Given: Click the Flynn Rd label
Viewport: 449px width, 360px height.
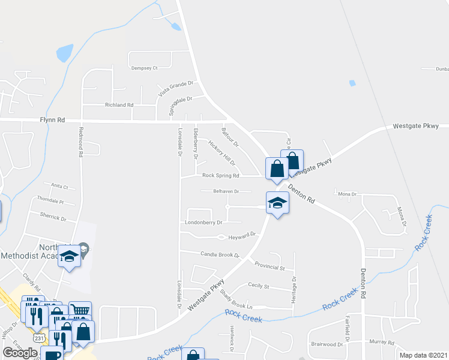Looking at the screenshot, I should point(52,120).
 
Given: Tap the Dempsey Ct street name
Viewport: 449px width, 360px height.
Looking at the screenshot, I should point(144,68).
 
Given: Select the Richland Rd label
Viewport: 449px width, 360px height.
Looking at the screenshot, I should point(119,105).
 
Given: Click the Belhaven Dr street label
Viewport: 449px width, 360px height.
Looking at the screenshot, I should point(226,191).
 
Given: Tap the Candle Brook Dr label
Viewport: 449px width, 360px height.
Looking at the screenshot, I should point(220,255).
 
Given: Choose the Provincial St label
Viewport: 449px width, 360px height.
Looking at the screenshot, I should point(270,266).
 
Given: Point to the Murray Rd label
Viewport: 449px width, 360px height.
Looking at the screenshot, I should point(381,342).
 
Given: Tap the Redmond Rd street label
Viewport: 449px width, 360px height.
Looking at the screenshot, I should point(80,142).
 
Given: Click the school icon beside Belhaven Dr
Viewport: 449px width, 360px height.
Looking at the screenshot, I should point(277,203).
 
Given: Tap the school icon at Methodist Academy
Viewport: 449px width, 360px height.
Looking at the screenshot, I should point(69,256).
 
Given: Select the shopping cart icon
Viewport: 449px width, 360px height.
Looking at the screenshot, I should point(80,311).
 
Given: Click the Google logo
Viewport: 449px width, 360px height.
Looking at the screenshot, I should point(20,353).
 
